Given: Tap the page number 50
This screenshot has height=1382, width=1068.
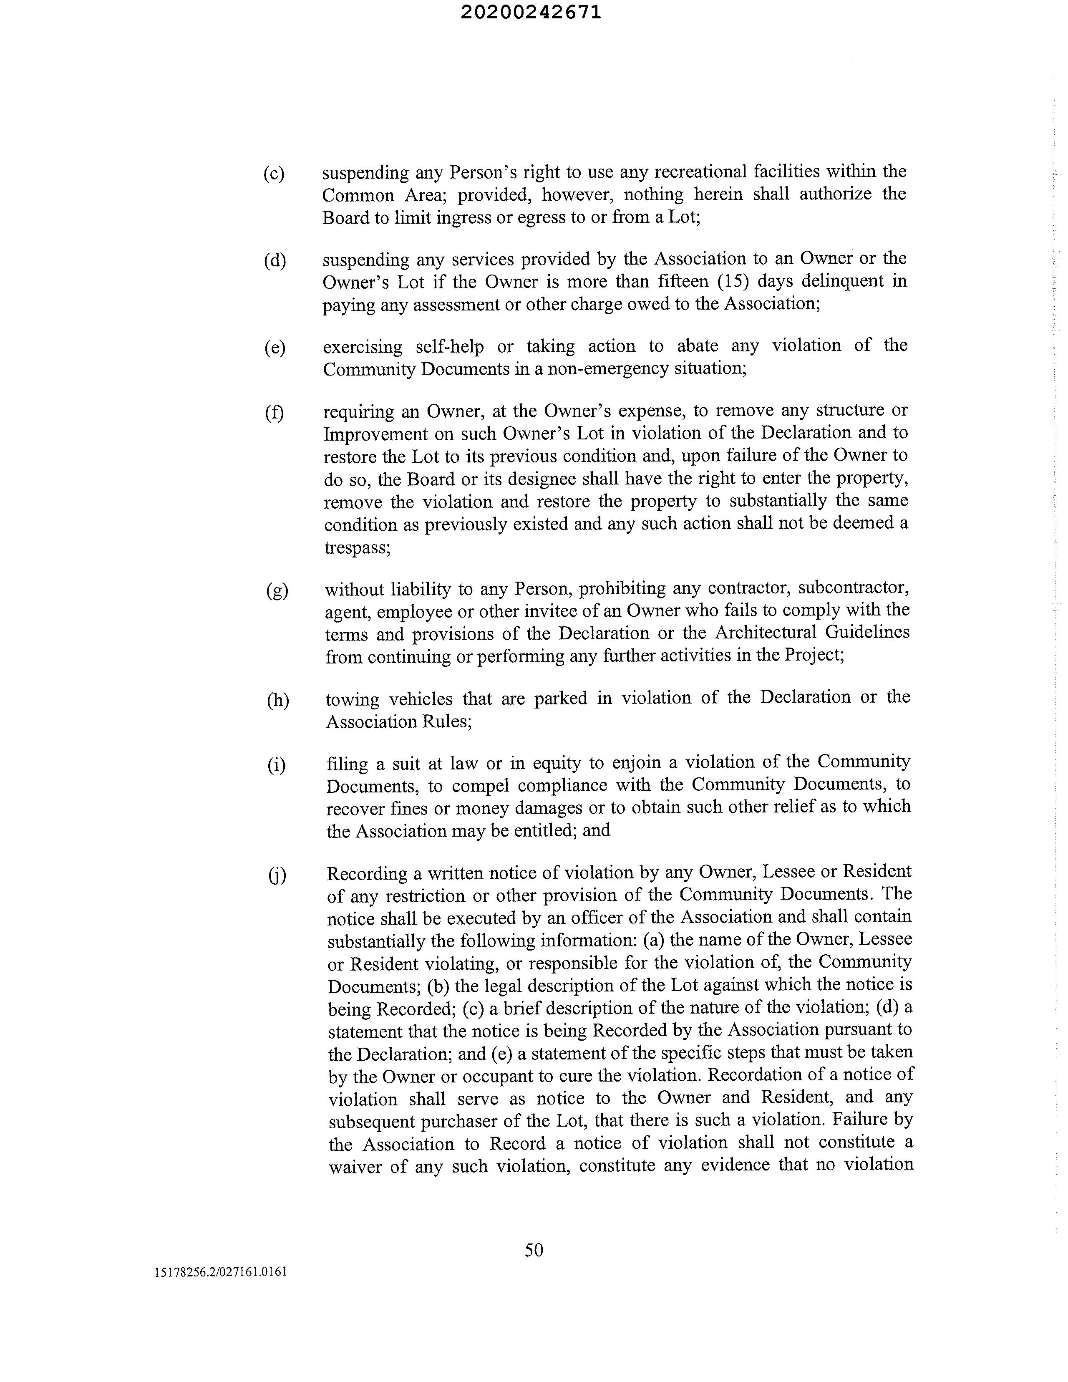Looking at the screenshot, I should (534, 1250).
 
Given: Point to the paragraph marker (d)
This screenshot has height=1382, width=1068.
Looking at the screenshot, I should (275, 260).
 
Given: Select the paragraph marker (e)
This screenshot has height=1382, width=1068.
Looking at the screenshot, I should (275, 348).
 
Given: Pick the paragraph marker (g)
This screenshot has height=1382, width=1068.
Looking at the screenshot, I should (277, 590).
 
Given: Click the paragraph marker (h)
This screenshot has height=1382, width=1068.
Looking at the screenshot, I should (277, 700).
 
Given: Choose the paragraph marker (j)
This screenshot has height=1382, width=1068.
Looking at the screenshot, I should (277, 875).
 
